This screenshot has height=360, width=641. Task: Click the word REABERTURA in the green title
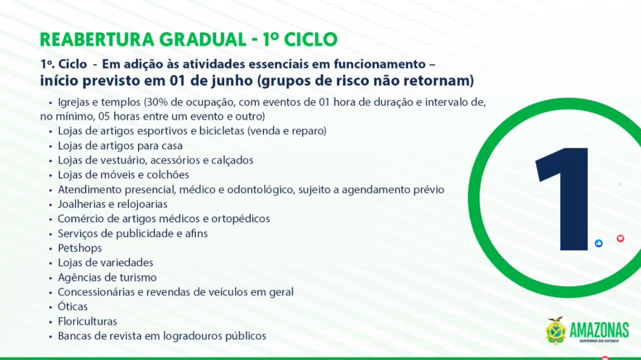pyautogui.click(x=97, y=40)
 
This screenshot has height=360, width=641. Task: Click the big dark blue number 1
pyautogui.click(x=562, y=199)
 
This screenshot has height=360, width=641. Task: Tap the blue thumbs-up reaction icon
pyautogui.click(x=598, y=243)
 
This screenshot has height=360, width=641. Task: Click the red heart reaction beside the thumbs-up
pyautogui.click(x=620, y=238)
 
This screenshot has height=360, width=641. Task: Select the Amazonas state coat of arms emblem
pyautogui.click(x=556, y=331)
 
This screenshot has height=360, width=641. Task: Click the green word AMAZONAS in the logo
pyautogui.click(x=599, y=330)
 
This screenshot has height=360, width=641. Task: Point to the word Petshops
pyautogui.click(x=80, y=248)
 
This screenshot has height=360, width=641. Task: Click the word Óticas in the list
pyautogui.click(x=73, y=306)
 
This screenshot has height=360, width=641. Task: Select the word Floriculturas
pyautogui.click(x=88, y=321)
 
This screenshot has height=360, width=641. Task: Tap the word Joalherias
pyautogui.click(x=81, y=204)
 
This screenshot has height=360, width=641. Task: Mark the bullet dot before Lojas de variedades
pyautogui.click(x=51, y=263)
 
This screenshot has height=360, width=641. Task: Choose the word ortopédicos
pyautogui.click(x=241, y=219)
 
